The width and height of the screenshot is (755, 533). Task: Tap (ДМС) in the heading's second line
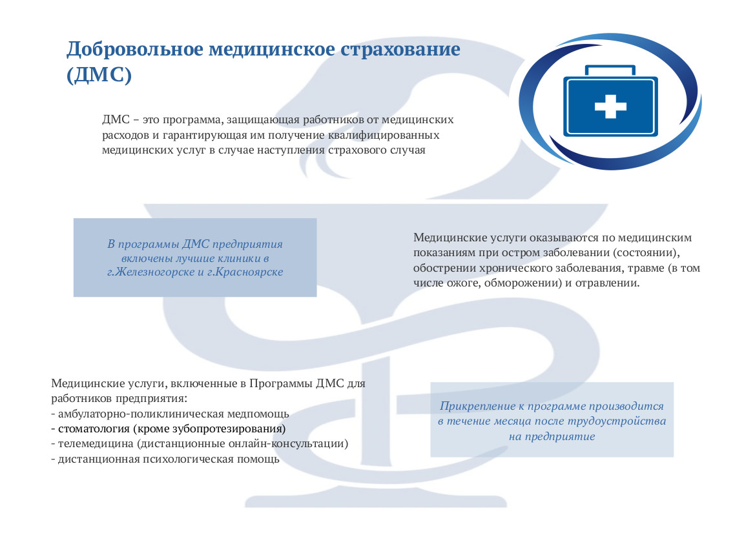pyautogui.click(x=99, y=74)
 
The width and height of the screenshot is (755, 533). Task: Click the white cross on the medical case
pyautogui.click(x=610, y=105)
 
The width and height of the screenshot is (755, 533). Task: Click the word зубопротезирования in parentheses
pyautogui.click(x=232, y=428)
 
